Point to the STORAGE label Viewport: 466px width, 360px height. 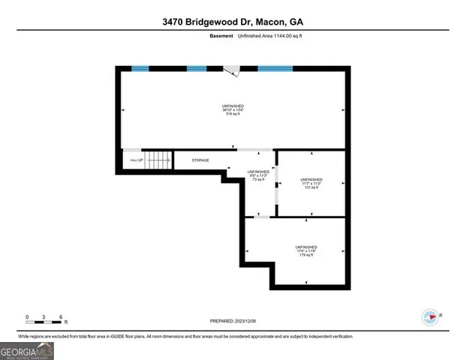click(x=200, y=160)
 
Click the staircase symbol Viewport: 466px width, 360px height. click(x=157, y=160)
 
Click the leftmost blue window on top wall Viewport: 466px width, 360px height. click(x=140, y=69)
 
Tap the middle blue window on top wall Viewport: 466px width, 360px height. click(x=196, y=69)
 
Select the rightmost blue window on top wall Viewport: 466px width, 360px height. click(x=275, y=69)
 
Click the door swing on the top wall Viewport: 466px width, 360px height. click(x=234, y=71)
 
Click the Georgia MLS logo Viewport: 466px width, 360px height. click(x=27, y=350)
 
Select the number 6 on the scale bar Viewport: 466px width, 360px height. click(x=61, y=315)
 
